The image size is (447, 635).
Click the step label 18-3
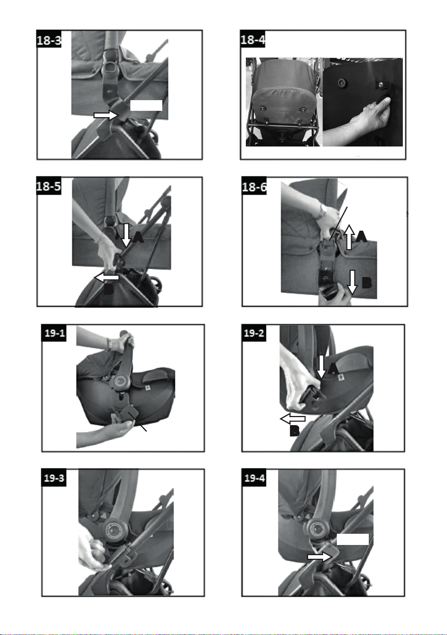49,39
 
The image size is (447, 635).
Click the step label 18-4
253,39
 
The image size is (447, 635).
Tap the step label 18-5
49,186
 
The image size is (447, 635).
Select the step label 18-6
254,186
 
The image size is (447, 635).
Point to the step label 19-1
54,333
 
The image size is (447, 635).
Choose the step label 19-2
254,333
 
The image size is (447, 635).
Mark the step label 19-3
54,478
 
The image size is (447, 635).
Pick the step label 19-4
254,478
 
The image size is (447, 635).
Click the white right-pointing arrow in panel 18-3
105,116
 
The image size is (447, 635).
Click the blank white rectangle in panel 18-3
146,105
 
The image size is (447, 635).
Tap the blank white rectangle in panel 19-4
352,539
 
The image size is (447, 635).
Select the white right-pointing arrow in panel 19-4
320,557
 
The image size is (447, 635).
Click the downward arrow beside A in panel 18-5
126,235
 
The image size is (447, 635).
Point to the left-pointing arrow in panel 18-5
106,278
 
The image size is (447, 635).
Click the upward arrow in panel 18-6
350,237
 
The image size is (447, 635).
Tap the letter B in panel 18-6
367,283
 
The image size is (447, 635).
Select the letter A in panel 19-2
333,369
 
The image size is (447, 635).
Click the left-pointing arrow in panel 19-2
293,419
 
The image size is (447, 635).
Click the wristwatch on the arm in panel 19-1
110,344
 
